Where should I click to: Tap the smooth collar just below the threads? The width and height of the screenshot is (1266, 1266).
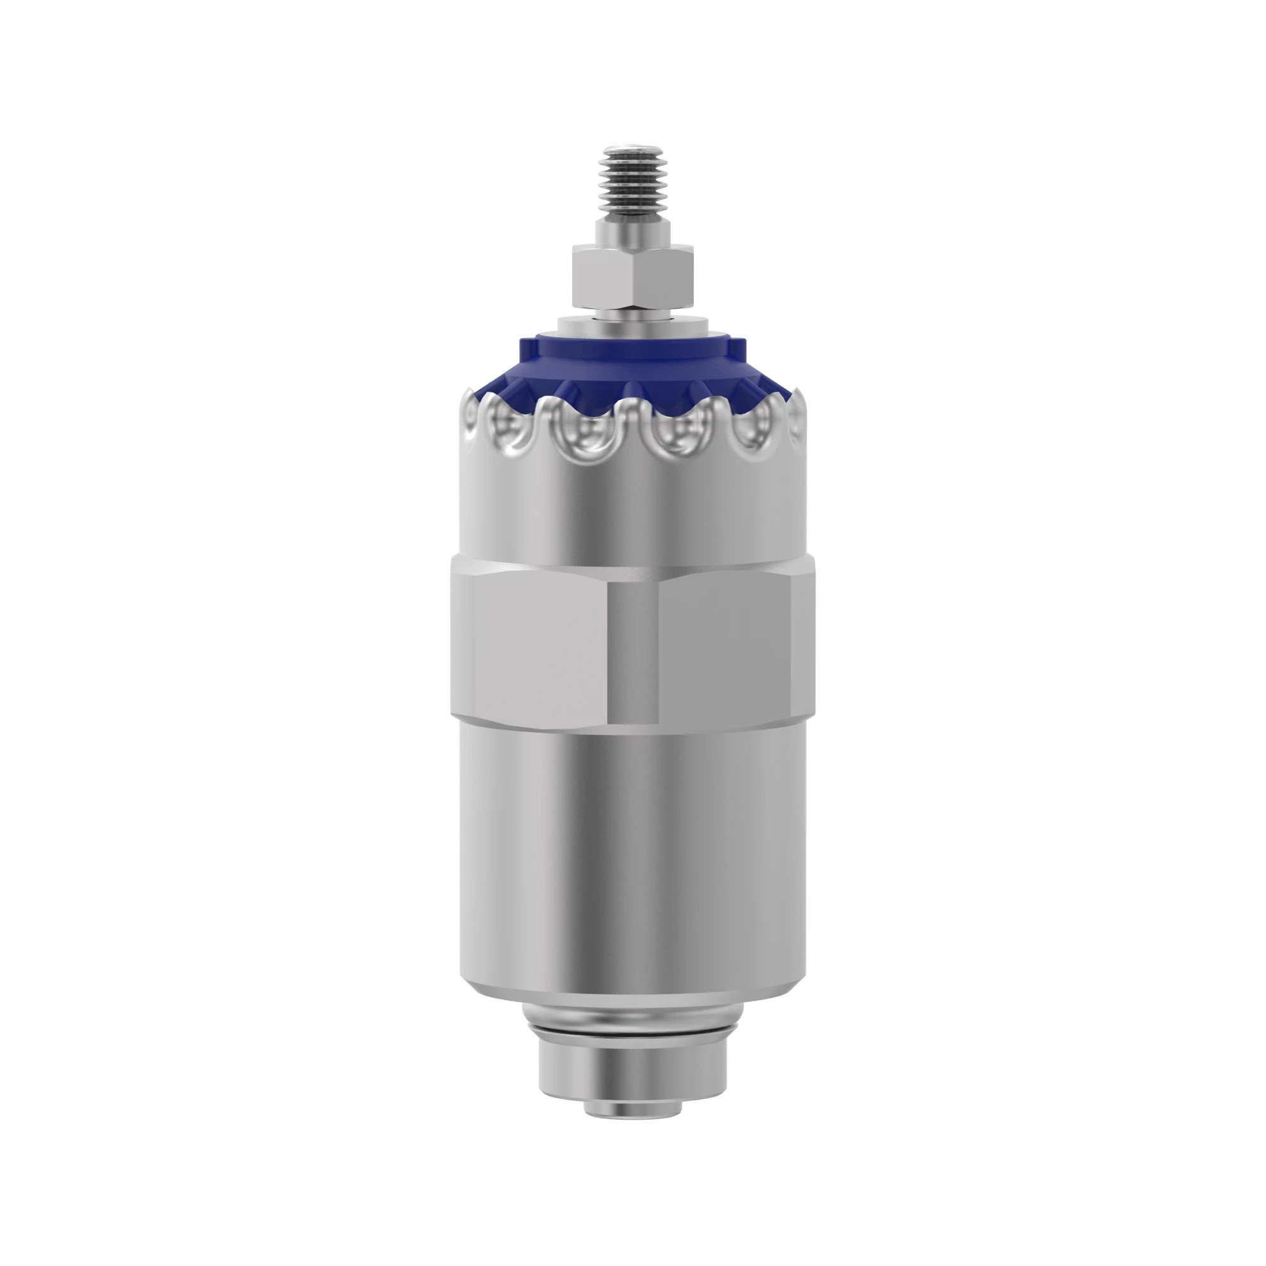(632, 232)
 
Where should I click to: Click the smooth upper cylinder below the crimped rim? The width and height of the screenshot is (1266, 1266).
(632, 518)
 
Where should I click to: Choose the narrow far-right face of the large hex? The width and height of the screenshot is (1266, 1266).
(802, 646)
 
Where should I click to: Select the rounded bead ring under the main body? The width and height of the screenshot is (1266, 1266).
(632, 1025)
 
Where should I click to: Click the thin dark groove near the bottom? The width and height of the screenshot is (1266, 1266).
(632, 1043)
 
